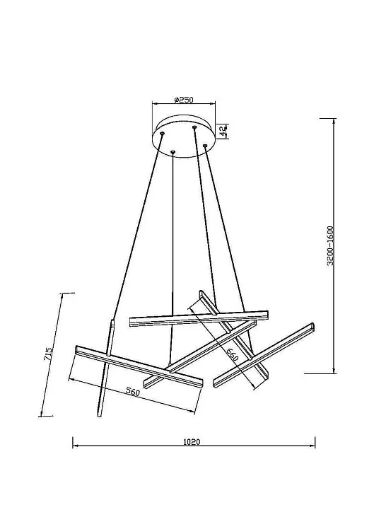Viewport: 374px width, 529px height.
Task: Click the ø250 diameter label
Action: click(x=183, y=100)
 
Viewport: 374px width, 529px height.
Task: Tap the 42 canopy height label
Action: click(x=223, y=131)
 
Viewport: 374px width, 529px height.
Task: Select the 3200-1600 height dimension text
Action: click(x=330, y=245)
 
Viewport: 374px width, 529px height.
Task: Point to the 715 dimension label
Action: click(x=48, y=354)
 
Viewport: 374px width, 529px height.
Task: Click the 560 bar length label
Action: click(x=132, y=392)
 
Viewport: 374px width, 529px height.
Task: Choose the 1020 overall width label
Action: click(x=192, y=442)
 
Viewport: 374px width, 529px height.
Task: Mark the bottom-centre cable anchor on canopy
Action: click(x=173, y=153)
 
